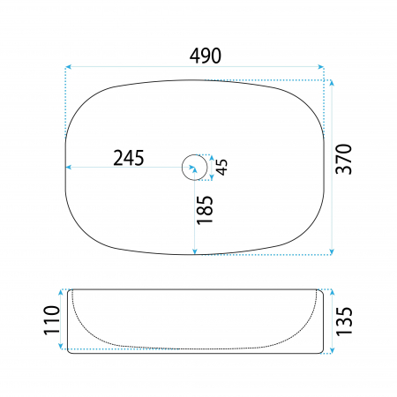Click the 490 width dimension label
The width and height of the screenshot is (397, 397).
[x=206, y=56]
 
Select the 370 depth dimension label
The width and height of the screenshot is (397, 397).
[x=344, y=159]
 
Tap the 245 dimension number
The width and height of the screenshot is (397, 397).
[x=129, y=158]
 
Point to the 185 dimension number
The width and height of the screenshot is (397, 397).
[x=205, y=210]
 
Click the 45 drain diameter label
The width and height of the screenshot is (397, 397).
[x=222, y=167]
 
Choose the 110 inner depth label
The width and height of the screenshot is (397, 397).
[x=51, y=320]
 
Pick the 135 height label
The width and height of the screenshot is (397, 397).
[x=344, y=321]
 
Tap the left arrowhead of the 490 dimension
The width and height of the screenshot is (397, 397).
[x=68, y=67]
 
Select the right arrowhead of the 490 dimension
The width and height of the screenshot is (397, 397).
[x=321, y=67]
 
